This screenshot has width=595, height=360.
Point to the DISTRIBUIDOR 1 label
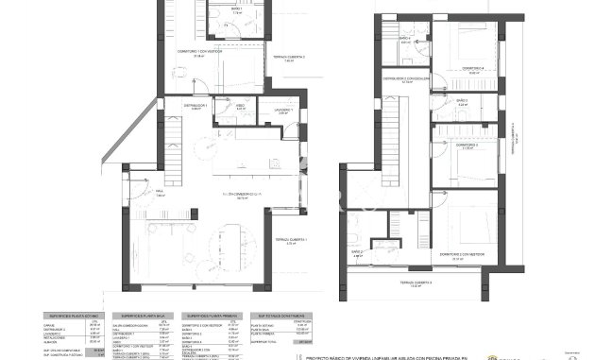[193, 107]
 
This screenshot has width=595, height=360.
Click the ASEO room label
[240, 105]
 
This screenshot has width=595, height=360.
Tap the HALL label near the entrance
[160, 193]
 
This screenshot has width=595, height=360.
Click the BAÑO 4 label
[404, 41]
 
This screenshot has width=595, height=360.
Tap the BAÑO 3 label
[462, 100]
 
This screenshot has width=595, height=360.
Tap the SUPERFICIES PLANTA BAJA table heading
[142, 316]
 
